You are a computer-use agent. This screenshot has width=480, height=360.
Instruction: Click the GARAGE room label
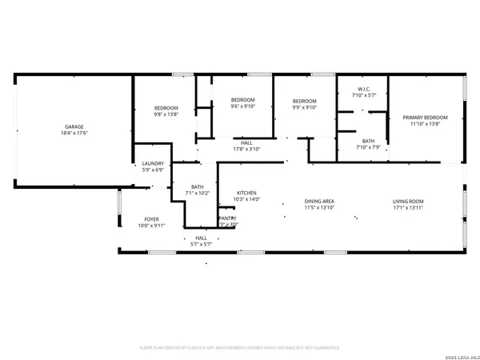point(75,126)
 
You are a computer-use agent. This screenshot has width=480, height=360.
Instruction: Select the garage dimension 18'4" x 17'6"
point(75,133)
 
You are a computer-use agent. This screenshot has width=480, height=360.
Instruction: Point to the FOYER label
point(152,218)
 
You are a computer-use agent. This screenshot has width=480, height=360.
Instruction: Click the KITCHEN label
point(246,193)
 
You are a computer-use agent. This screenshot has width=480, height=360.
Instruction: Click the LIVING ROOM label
point(408,201)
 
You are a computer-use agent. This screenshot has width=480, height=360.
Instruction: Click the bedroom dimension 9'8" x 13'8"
point(166,114)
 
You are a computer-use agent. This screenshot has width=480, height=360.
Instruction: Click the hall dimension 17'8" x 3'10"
point(247,149)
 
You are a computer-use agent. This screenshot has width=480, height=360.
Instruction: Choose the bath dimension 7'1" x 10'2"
point(197,193)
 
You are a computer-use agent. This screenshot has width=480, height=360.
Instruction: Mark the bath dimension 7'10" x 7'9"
point(363,146)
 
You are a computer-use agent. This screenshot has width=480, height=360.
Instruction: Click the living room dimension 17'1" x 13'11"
point(408,207)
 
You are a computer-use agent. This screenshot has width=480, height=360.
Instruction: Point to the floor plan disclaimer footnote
point(240,348)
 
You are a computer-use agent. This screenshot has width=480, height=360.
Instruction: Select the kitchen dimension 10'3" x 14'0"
point(246,199)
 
